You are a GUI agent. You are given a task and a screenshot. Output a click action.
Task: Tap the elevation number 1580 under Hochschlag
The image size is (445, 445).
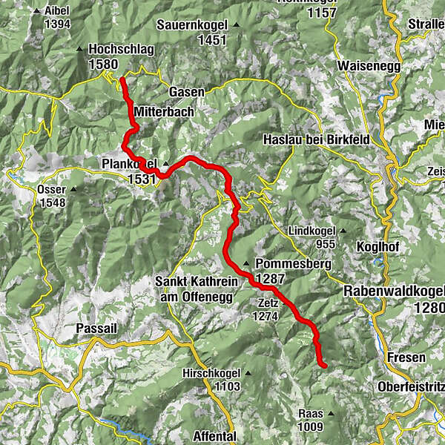[102, 64]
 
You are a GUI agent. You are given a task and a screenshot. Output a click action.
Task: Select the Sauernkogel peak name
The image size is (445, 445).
[191, 25]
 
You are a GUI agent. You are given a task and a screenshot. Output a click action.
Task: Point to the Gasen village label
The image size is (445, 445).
[186, 90]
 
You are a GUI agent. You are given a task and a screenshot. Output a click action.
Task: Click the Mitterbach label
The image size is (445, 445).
[164, 111]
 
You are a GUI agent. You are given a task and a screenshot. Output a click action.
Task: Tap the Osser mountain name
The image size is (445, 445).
[50, 189]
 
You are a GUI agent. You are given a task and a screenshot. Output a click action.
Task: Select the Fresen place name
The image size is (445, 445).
[406, 357]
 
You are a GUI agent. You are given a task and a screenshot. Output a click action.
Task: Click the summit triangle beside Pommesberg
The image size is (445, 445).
[245, 264]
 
